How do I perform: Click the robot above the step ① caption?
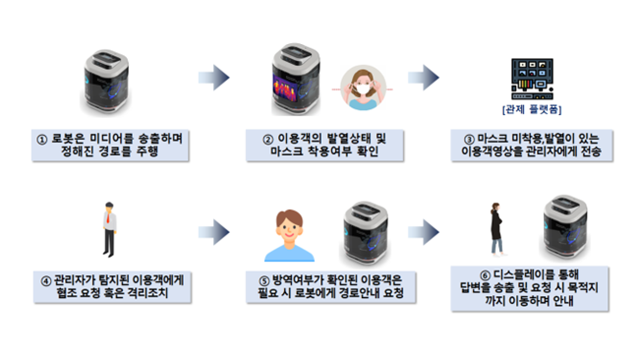106,83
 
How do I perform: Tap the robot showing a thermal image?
296,80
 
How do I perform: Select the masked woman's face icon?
363,89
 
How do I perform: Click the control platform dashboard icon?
532,79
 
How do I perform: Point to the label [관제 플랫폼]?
532,109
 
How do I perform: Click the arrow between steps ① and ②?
214,78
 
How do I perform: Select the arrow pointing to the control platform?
424,78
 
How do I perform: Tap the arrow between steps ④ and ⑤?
214,232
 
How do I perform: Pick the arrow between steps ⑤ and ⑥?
424,232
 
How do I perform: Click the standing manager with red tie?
109,229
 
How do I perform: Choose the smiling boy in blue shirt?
289,235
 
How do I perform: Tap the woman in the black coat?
496,229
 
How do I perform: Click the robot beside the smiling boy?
365,233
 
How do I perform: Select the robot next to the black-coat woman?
565,226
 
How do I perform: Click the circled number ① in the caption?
42,140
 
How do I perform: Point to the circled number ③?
469,140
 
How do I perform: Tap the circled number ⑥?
485,275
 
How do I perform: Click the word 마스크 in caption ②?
287,151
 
